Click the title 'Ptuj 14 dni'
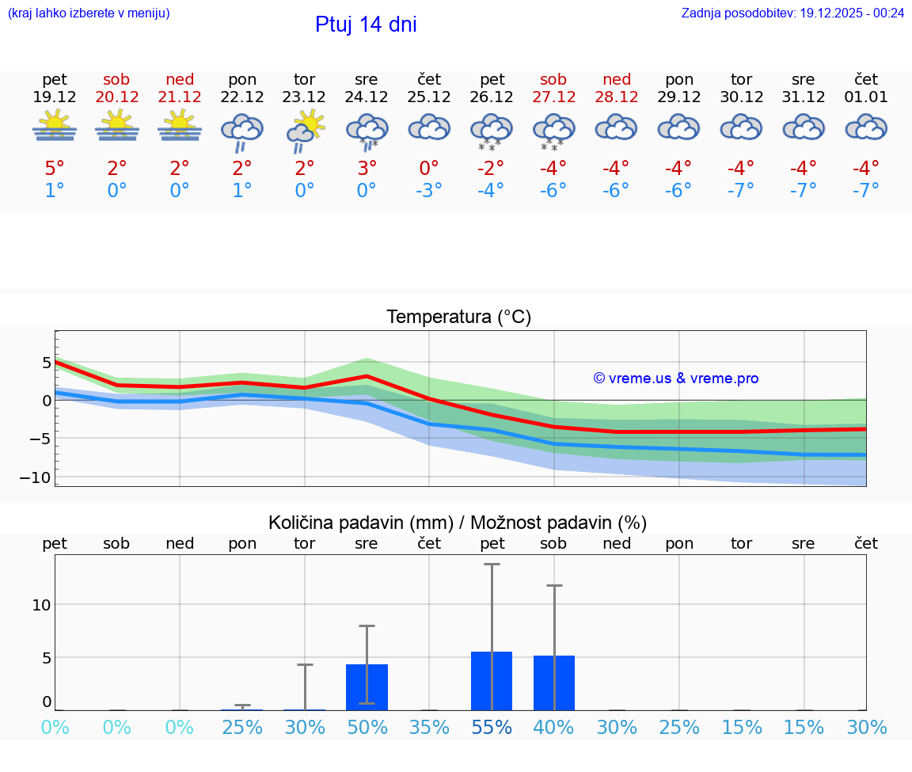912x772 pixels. pos(366,25)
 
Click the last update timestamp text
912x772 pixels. pos(792,13)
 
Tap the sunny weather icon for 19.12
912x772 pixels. pos(55,127)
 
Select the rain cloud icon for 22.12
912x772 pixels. pos(241,131)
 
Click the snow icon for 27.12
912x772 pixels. pos(553,131)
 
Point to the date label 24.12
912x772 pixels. pos(366,97)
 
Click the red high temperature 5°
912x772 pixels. pos(55,168)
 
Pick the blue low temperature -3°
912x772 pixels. pos(428,190)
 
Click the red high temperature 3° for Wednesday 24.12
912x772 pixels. pos(367,168)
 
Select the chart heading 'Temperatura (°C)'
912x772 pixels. pos(458,318)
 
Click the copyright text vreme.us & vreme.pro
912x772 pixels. pos(675,378)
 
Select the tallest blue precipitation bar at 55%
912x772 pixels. pos(492,681)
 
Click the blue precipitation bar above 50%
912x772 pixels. pos(367,687)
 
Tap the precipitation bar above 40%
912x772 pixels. pos(554,683)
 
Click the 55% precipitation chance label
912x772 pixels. pos(492,727)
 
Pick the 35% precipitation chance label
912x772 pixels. pos(429,727)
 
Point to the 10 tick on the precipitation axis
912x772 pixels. pos(41,605)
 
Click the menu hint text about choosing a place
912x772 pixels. pos(89,13)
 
